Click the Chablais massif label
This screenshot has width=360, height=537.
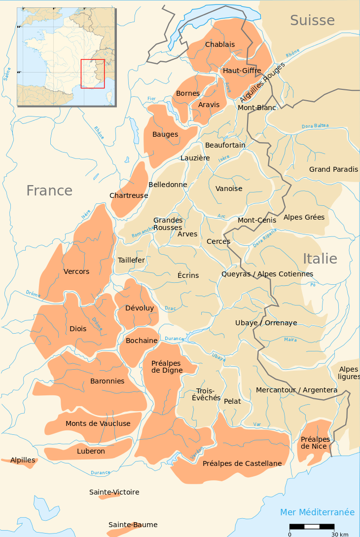click(220, 44)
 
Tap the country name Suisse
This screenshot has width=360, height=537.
click(312, 20)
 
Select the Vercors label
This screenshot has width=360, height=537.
click(76, 271)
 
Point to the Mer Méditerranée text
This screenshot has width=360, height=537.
click(317, 512)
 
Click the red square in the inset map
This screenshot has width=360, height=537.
click(93, 74)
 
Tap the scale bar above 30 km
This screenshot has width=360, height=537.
click(319, 527)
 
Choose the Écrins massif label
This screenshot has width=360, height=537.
click(188, 275)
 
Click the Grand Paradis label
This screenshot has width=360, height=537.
click(333, 169)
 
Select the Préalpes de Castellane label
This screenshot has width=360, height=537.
click(242, 463)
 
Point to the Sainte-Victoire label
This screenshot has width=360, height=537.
click(114, 492)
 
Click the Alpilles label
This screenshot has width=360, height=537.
click(23, 460)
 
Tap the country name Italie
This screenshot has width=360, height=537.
click(320, 259)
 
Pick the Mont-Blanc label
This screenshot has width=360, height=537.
click(257, 108)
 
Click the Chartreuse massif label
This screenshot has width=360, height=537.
click(129, 195)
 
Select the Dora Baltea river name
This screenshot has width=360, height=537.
click(315, 126)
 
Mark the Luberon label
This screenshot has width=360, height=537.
click(91, 451)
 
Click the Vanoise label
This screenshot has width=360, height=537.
click(229, 189)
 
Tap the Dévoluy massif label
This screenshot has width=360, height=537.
click(140, 308)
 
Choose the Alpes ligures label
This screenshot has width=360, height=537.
click(349, 373)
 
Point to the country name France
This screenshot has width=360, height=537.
click(49, 191)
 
